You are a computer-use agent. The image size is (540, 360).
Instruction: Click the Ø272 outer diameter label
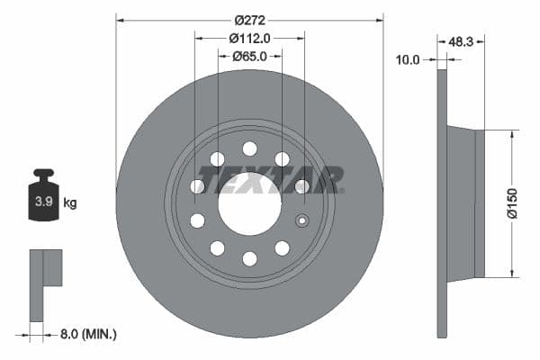[249, 20]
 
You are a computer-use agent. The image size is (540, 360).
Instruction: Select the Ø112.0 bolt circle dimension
[249, 38]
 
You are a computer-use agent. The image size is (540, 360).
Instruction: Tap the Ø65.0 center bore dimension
[249, 56]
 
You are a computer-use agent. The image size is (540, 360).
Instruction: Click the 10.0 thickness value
[409, 59]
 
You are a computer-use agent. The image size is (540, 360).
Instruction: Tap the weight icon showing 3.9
[43, 200]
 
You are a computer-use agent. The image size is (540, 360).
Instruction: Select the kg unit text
[70, 203]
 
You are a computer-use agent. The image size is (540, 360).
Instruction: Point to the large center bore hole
[249, 204]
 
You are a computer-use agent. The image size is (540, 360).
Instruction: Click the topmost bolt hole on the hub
[249, 148]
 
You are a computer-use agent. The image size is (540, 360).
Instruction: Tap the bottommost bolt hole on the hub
[249, 259]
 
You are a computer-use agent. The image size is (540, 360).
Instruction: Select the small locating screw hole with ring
[302, 221]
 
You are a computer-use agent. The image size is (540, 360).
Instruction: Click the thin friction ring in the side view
[441, 203]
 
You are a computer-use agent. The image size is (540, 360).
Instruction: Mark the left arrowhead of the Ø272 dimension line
[120, 20]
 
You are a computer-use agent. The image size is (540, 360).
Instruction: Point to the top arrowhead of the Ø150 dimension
[512, 134]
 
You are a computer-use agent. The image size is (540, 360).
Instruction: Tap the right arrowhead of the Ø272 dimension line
[380, 20]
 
